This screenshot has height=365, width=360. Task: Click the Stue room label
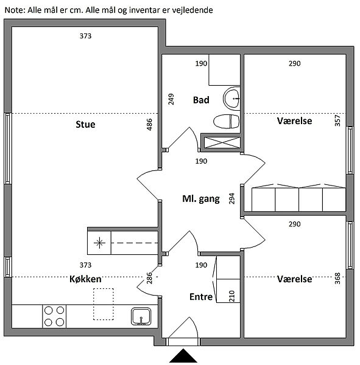[x=85, y=124]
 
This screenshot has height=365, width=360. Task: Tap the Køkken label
[x=85, y=279]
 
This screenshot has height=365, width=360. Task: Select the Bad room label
[x=201, y=100]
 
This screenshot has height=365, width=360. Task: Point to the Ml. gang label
[x=201, y=199]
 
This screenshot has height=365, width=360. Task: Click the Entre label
[x=201, y=297]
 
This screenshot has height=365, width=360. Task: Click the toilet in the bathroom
[x=227, y=121]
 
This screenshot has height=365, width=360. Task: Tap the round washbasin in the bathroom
[x=231, y=99]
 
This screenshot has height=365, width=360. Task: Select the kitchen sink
[x=141, y=316]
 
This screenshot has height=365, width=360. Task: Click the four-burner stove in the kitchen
[x=54, y=316]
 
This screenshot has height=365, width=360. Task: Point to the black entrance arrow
[x=183, y=355]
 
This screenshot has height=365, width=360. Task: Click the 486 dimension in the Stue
[x=149, y=125]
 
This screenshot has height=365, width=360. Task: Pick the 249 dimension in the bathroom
[x=171, y=99]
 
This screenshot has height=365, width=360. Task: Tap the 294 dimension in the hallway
[x=231, y=198]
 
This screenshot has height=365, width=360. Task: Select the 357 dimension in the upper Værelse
[x=337, y=120]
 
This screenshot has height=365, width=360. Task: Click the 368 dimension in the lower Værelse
[x=337, y=279]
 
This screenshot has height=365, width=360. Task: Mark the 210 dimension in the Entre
[x=231, y=296]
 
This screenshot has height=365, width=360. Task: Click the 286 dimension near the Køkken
[x=149, y=278]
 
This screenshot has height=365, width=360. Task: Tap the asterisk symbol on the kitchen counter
[x=99, y=243]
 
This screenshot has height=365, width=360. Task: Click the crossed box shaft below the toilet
[x=222, y=142]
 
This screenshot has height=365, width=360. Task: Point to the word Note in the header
[x=14, y=10]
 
